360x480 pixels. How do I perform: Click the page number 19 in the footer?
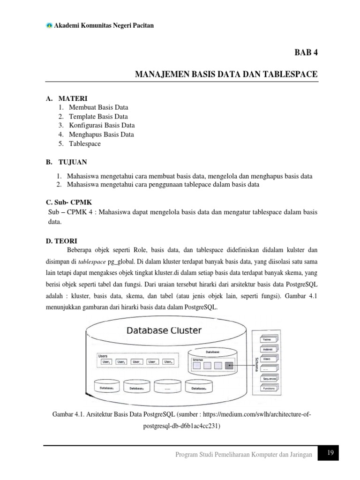click(330, 453)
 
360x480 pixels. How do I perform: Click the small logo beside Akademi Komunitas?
click(49, 25)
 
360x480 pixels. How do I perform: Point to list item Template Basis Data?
click(98, 116)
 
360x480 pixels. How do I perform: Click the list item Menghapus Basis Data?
click(101, 134)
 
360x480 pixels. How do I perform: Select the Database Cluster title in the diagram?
click(164, 330)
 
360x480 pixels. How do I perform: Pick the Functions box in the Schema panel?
click(269, 389)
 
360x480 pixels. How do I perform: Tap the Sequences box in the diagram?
click(269, 378)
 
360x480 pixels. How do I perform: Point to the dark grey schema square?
click(229, 365)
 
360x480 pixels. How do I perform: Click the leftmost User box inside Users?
click(106, 362)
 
